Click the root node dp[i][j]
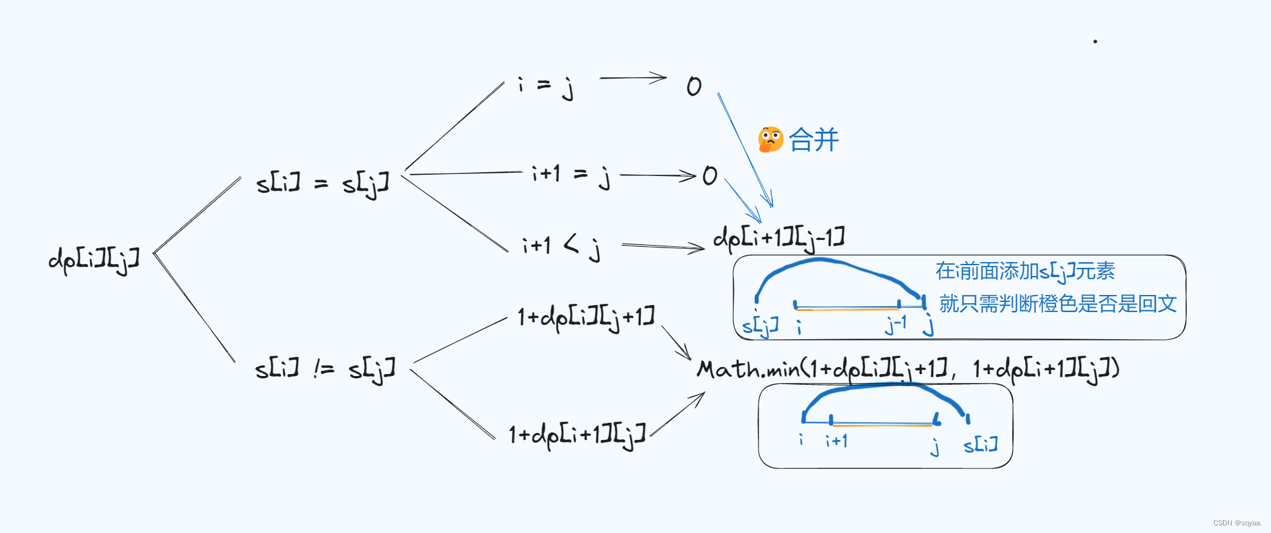[x=94, y=259]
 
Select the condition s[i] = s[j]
[x=322, y=184]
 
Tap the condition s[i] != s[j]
[x=325, y=368]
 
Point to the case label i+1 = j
[x=571, y=175]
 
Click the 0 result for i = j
[x=694, y=86]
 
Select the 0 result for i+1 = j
[x=709, y=176]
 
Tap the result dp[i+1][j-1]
[x=779, y=239]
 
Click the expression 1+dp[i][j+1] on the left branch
[x=586, y=317]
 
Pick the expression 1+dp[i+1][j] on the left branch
[x=577, y=435]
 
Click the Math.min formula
[x=908, y=369]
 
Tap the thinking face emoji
[x=771, y=140]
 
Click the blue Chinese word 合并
[x=814, y=140]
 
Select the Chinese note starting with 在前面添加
[x=1025, y=272]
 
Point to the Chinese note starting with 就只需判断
[x=1057, y=304]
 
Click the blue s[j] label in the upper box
[x=760, y=327]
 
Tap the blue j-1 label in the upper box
[x=896, y=325]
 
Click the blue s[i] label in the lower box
[x=981, y=445]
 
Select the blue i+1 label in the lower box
[x=836, y=441]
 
